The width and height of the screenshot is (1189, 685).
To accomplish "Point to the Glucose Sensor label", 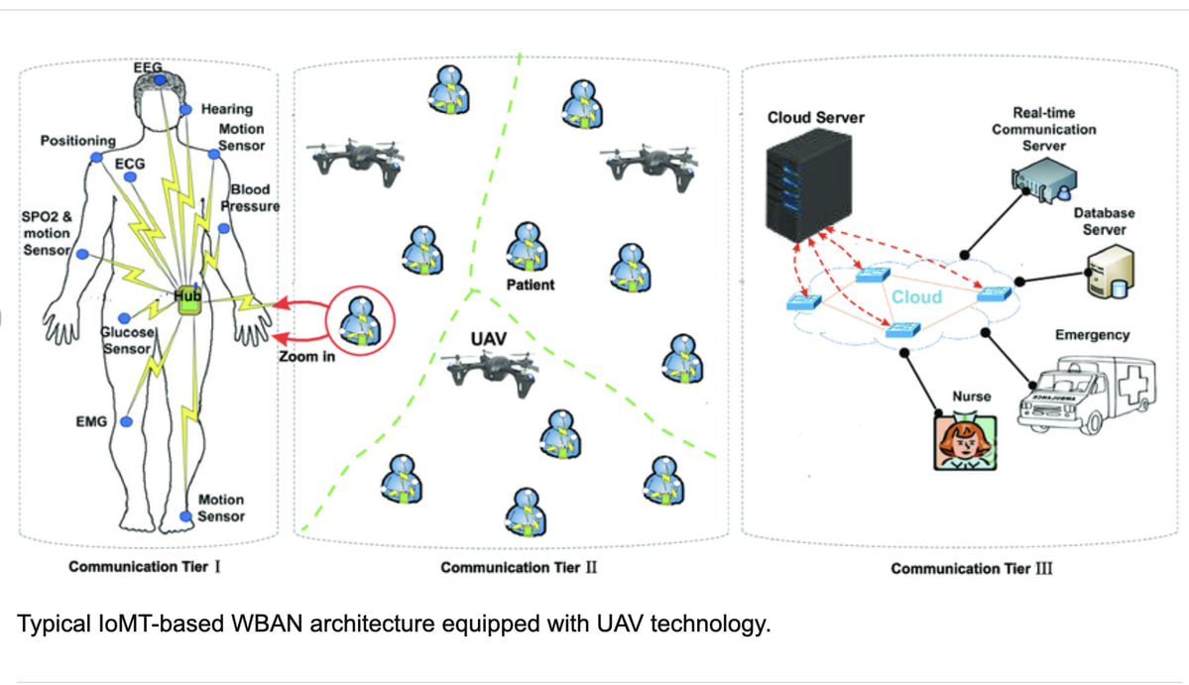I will pos(127,341).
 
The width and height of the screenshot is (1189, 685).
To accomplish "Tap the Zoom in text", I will pos(306,356).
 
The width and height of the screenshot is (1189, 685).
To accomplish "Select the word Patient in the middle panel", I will pos(531,285).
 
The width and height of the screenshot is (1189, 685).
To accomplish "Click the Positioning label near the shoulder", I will pos(77,141).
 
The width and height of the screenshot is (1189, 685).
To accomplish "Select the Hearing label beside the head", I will pos(227,109).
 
